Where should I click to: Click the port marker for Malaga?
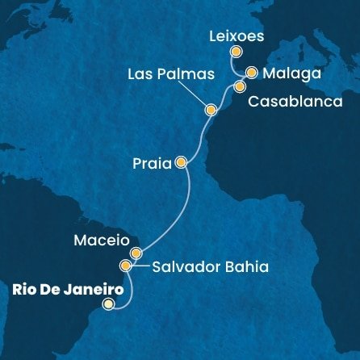coord(252,72)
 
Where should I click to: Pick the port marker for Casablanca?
coord(240,86)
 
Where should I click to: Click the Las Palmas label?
coord(171,74)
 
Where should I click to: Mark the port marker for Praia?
coord(181,162)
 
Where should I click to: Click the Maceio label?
coord(97,240)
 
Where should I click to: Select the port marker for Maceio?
coord(136,253)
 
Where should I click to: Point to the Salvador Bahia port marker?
coord(125,266)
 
